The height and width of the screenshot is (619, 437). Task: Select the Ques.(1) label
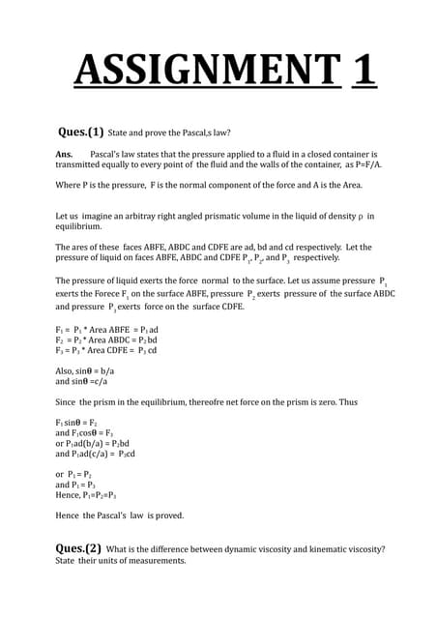[x=81, y=133]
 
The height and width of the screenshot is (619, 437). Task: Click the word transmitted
[x=80, y=164]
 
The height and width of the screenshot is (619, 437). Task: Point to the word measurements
[x=152, y=561]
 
